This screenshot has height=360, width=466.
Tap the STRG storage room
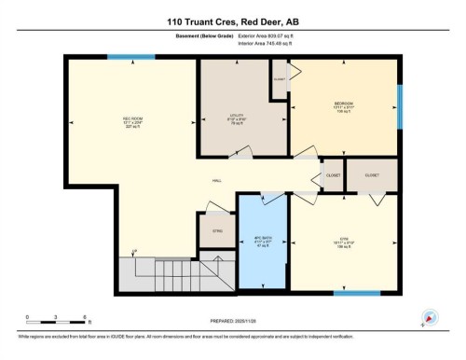(x=217, y=230)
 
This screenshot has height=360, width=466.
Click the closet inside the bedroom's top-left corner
(x=280, y=80)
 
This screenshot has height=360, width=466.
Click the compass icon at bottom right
(x=430, y=317)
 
